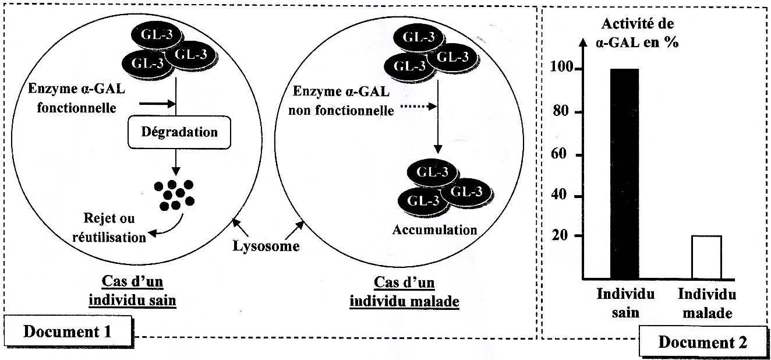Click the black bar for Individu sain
(x=624, y=174)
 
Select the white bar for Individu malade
(x=706, y=257)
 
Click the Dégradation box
(x=179, y=132)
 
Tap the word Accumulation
(x=434, y=229)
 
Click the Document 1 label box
(x=67, y=332)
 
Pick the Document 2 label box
(x=702, y=343)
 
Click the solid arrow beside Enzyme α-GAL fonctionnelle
(x=157, y=104)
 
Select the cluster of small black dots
(x=174, y=193)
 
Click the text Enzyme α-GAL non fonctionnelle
(x=342, y=101)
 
